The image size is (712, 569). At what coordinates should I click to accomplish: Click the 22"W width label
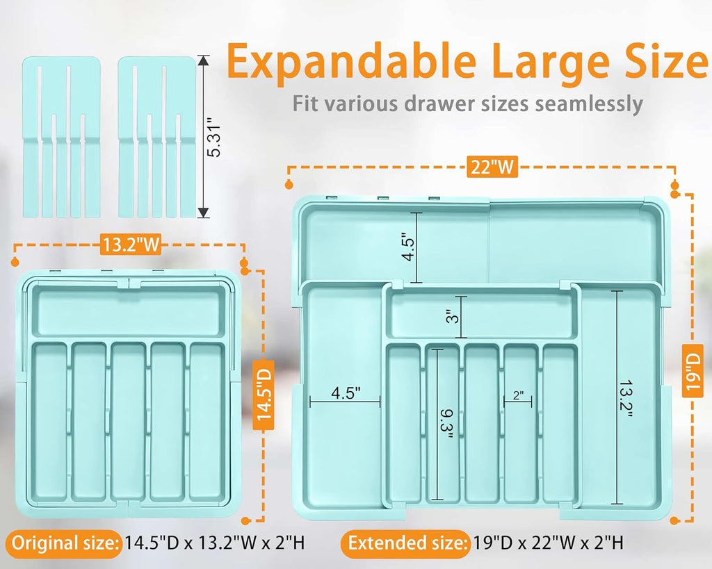pyautogui.click(x=492, y=167)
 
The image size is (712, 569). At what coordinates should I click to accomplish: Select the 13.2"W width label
pyautogui.click(x=131, y=245)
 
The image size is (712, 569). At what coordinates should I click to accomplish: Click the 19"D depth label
pyautogui.click(x=693, y=370)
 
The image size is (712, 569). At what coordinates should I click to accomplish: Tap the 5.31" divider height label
pyautogui.click(x=213, y=136)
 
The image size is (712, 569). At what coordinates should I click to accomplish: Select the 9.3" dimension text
pyautogui.click(x=446, y=424)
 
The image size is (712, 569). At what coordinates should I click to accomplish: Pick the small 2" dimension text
pyautogui.click(x=518, y=395)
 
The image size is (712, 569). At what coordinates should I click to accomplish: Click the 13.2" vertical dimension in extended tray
pyautogui.click(x=626, y=399)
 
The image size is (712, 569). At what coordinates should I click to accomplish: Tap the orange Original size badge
pyautogui.click(x=65, y=543)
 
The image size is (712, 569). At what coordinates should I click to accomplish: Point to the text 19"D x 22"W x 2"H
pyautogui.click(x=548, y=543)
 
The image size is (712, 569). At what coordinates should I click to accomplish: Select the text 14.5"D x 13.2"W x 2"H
pyautogui.click(x=215, y=543)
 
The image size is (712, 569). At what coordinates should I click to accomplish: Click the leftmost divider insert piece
pyautogui.click(x=62, y=137)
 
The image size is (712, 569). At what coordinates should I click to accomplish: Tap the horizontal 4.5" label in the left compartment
pyautogui.click(x=346, y=393)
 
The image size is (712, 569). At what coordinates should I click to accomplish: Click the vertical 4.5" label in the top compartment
pyautogui.click(x=408, y=248)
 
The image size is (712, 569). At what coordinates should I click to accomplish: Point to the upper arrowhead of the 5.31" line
pyautogui.click(x=204, y=60)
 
